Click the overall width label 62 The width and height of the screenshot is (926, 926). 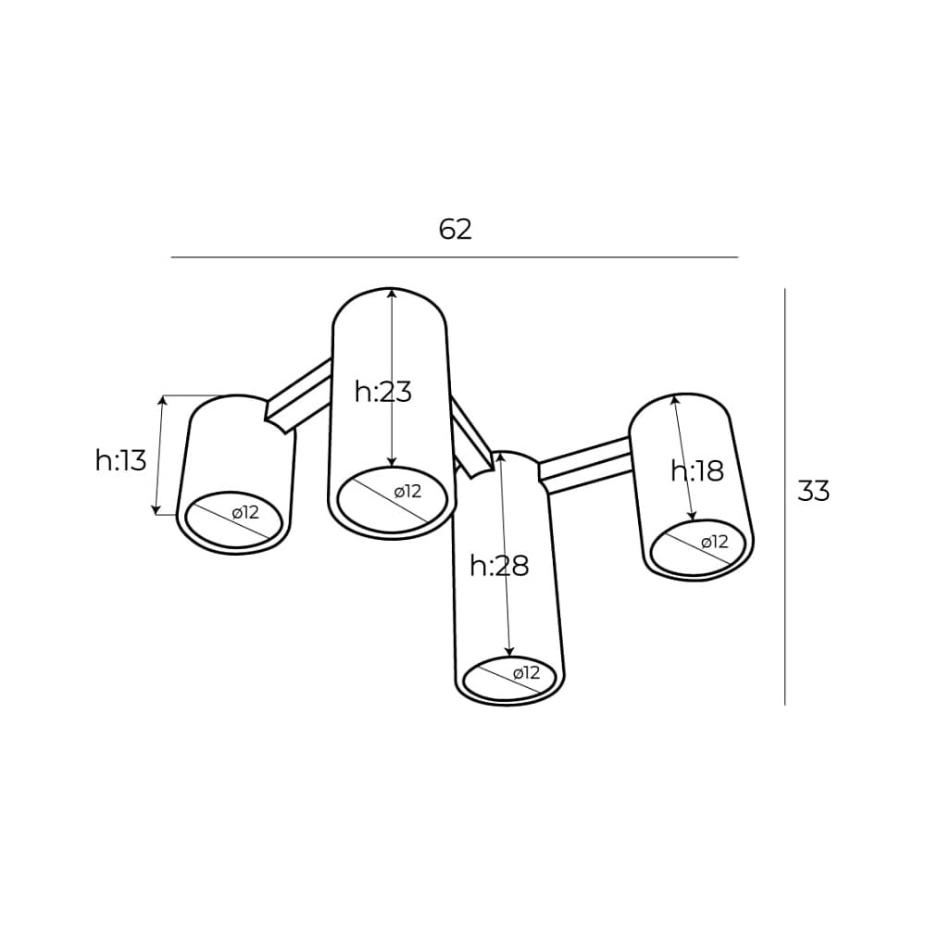point(456,229)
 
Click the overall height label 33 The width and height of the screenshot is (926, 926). point(813,491)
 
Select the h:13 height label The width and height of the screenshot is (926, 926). point(120,459)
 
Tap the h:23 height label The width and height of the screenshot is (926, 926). point(382,391)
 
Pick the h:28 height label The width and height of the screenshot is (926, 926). point(499,566)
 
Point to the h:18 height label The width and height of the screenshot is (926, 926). point(697,470)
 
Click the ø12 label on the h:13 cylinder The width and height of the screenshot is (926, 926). point(245,512)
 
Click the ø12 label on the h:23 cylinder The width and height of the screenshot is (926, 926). point(407,491)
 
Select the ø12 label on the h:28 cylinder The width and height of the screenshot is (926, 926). point(526,672)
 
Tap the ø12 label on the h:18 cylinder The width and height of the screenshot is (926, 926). point(715,541)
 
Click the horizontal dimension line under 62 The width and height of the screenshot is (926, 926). point(455,257)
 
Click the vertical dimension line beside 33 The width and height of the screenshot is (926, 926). point(785,496)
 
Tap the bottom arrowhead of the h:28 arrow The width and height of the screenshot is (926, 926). point(510,650)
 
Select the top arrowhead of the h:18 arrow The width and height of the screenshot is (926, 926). point(675,401)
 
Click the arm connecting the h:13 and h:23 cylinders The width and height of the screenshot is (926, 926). point(299,395)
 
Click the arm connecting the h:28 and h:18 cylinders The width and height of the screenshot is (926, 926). point(584,466)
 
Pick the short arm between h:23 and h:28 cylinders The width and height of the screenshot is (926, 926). point(471,437)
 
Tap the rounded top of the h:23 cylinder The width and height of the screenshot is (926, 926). point(390,289)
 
